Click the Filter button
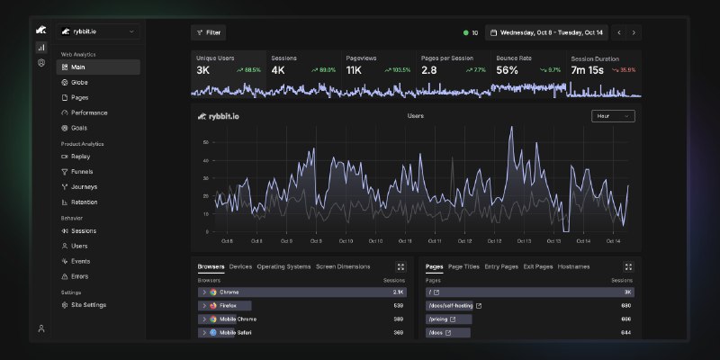[208, 32]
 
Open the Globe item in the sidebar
[79, 82]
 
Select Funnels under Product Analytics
[81, 171]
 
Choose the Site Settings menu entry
[87, 305]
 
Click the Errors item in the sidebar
[79, 276]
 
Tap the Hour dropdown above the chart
[613, 116]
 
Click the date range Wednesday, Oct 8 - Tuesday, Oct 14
[546, 32]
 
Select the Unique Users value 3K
[203, 69]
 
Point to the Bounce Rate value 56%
[507, 69]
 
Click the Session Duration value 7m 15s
[591, 69]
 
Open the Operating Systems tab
[283, 266]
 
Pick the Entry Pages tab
[501, 266]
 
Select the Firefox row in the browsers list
[228, 305]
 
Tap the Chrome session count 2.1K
[399, 292]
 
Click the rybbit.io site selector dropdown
[98, 31]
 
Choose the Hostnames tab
[573, 266]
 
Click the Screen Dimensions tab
[343, 266]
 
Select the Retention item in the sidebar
[84, 202]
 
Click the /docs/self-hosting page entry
[454, 305]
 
